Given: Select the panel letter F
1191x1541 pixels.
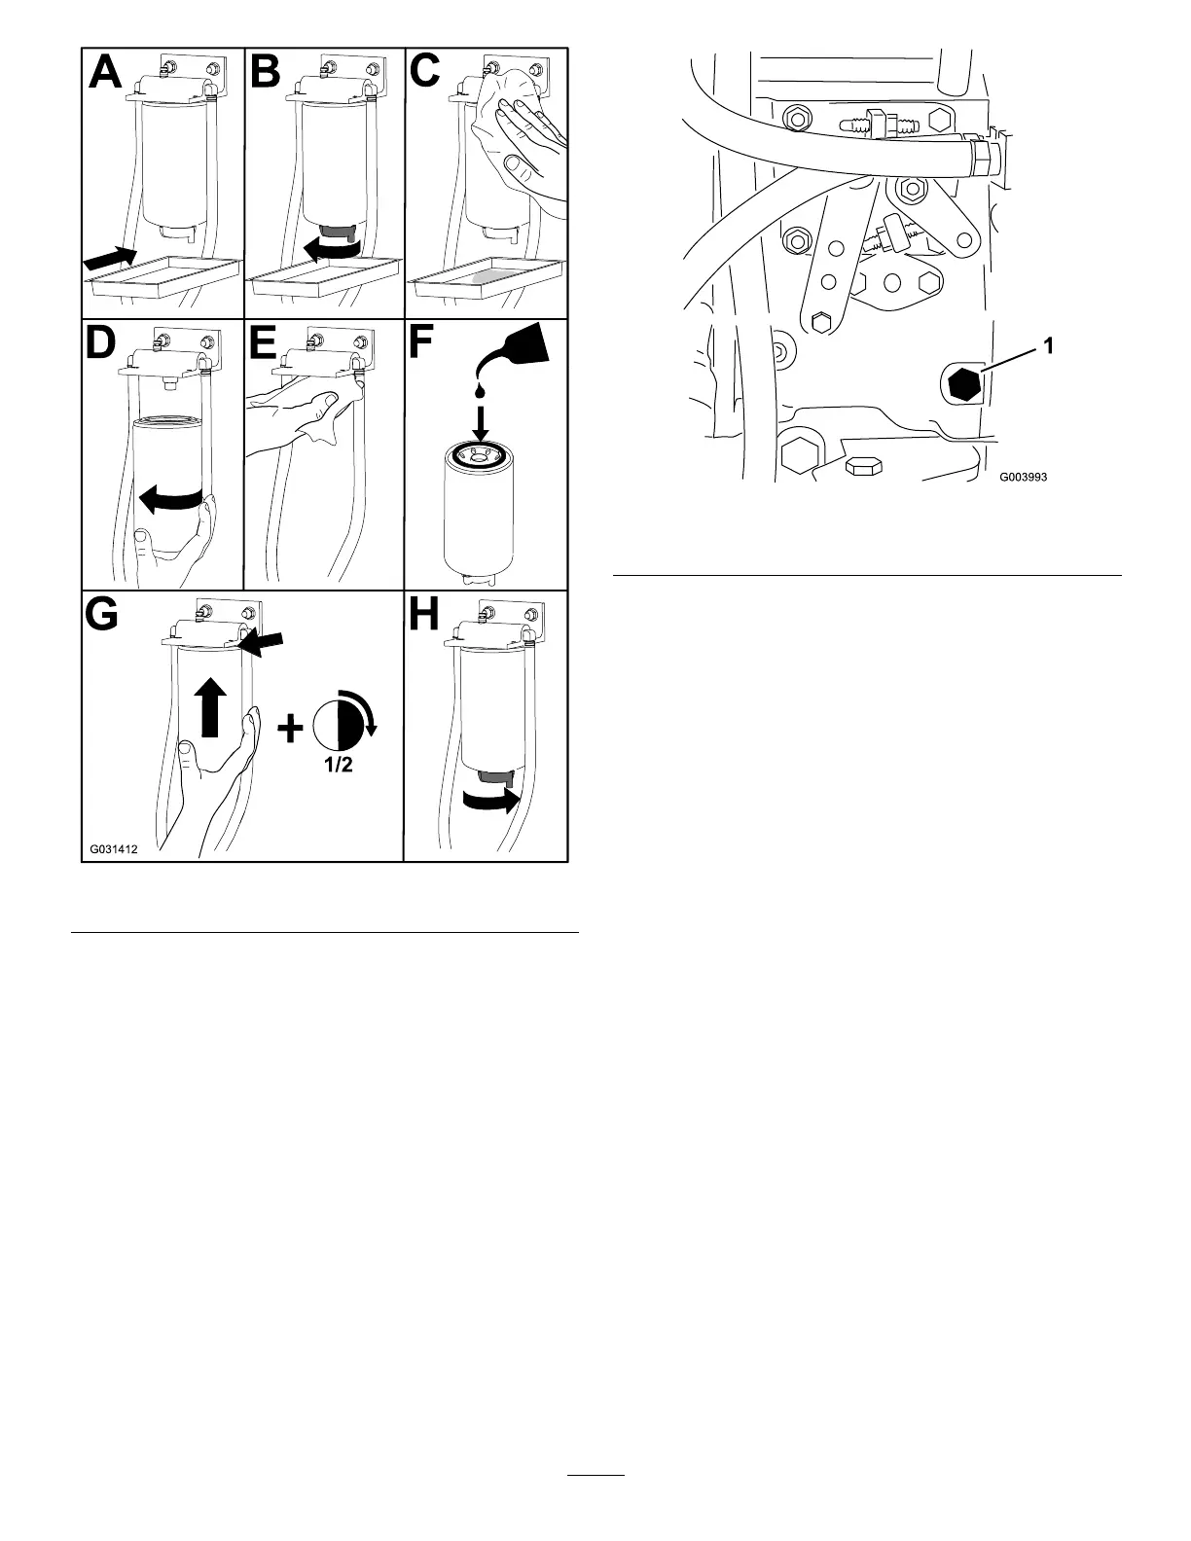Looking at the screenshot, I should tap(423, 343).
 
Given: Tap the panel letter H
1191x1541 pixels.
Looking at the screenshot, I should tap(426, 615).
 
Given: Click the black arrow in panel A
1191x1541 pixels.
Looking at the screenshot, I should tap(110, 258).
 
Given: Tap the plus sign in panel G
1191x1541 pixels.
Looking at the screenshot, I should tap(290, 728).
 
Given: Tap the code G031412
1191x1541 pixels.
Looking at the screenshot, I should tap(114, 848).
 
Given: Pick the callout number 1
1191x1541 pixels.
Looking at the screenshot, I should tap(1049, 344).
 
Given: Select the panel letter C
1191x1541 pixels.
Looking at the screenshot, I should tap(426, 72).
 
